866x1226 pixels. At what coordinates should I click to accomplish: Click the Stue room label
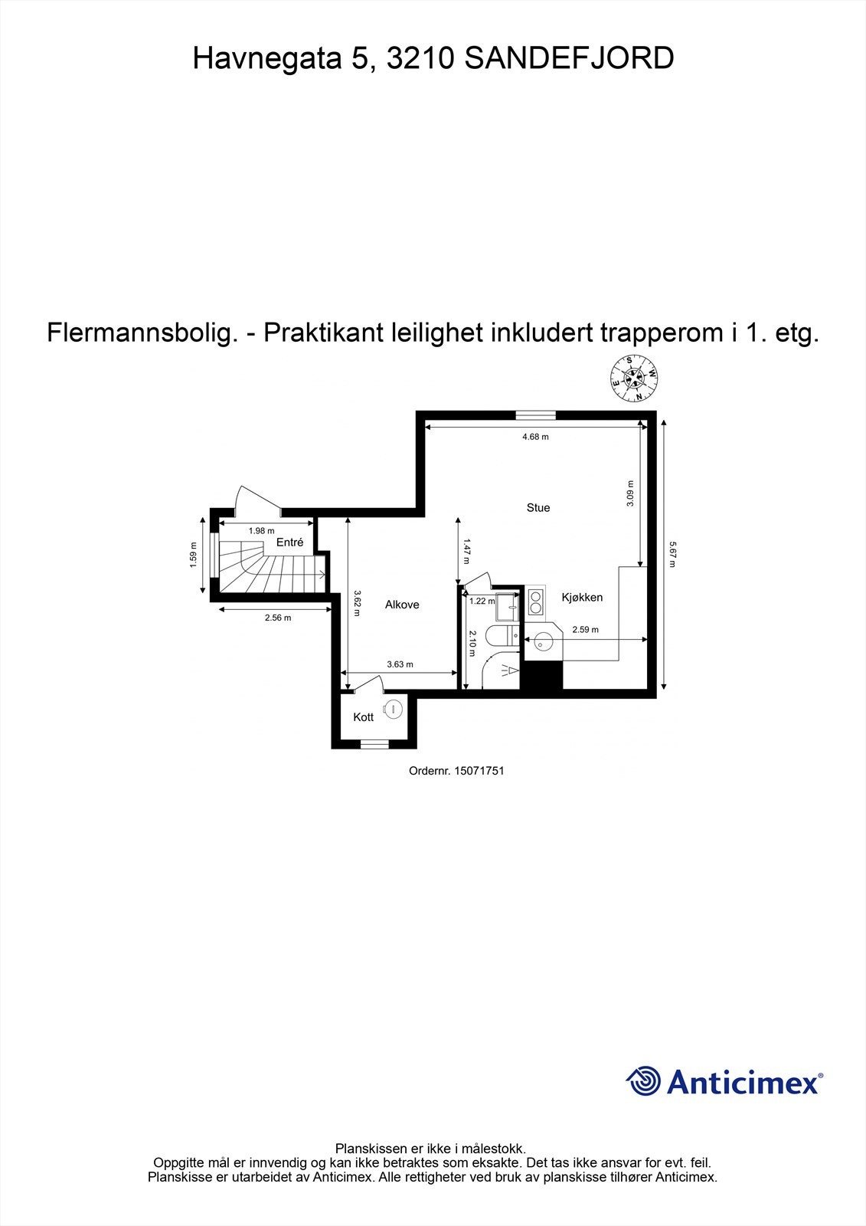tap(538, 508)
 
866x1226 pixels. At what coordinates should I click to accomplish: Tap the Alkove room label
tap(402, 605)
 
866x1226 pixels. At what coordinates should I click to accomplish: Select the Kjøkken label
tap(582, 598)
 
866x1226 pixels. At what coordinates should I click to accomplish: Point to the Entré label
tap(290, 543)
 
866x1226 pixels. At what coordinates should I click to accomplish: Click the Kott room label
tap(364, 717)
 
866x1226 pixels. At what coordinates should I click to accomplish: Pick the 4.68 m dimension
tap(535, 437)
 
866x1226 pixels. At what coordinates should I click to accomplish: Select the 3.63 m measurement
tap(400, 664)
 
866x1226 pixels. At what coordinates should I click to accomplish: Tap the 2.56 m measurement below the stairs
tap(278, 618)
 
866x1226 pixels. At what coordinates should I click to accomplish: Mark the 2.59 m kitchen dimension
tap(585, 630)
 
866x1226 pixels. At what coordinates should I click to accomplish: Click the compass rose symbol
tap(633, 379)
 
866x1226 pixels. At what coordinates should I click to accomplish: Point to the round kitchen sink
tap(544, 641)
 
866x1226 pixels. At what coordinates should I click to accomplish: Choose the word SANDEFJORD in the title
tap(570, 58)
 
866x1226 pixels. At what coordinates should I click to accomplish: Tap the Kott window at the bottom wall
tap(374, 743)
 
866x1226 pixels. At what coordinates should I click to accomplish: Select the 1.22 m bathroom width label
tap(482, 602)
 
